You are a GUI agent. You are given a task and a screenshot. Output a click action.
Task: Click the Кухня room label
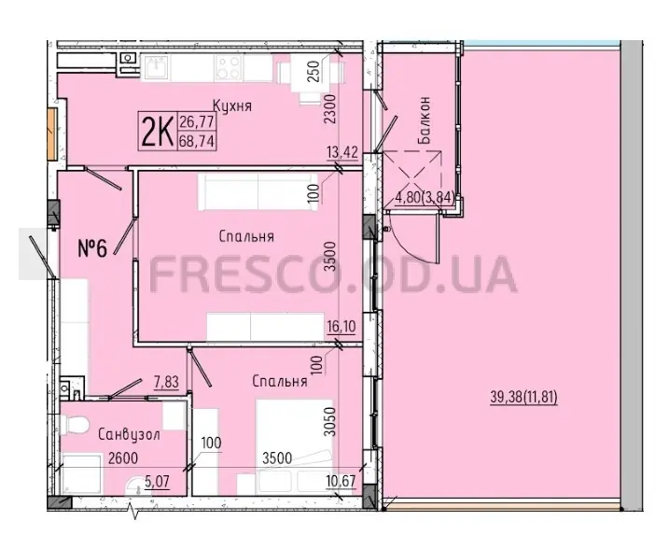[232, 106]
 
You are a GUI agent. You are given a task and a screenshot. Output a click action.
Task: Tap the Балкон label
[425, 120]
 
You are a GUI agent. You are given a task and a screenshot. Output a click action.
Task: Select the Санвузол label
[130, 435]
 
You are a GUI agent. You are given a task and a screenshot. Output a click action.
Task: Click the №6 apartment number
[92, 248]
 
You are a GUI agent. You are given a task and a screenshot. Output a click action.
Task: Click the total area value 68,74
[196, 140]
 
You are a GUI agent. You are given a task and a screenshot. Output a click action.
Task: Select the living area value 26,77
[196, 122]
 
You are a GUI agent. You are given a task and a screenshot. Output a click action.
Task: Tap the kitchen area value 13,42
[342, 152]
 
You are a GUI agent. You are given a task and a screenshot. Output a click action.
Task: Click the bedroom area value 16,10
[341, 327]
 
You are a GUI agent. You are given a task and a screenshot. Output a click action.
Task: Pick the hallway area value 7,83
[166, 382]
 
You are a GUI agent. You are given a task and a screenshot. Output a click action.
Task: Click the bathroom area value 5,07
[157, 482]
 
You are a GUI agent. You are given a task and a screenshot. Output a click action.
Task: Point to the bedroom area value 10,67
[341, 481]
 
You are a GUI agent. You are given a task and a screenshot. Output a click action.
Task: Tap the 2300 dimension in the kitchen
[330, 109]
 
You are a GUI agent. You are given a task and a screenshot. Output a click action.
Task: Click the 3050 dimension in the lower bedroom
[329, 422]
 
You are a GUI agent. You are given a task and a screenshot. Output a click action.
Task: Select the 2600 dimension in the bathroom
[123, 458]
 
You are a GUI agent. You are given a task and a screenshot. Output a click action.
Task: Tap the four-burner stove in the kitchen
[229, 67]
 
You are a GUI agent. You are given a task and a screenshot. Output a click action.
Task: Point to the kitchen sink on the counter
[155, 67]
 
